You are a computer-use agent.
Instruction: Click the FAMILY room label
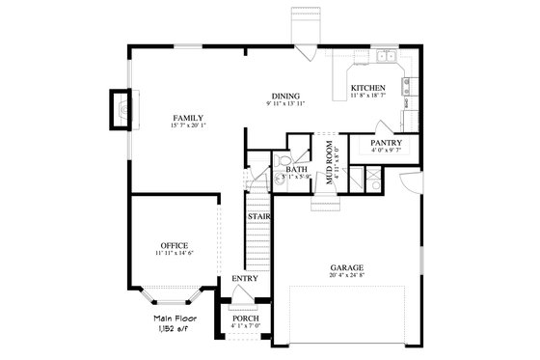point(188,118)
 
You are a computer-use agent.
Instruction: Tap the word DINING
point(284,96)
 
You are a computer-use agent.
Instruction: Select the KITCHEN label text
point(366,87)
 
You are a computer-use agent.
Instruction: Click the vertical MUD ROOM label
point(329,161)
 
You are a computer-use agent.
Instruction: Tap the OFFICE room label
point(175,245)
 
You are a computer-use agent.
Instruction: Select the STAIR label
point(257,217)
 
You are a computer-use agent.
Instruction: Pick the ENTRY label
point(244,280)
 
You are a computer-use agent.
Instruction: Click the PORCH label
point(245,317)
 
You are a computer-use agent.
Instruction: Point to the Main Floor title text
point(175,318)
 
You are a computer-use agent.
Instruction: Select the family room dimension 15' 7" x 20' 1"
point(188,126)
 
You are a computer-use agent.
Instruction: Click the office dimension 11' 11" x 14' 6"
point(175,254)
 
